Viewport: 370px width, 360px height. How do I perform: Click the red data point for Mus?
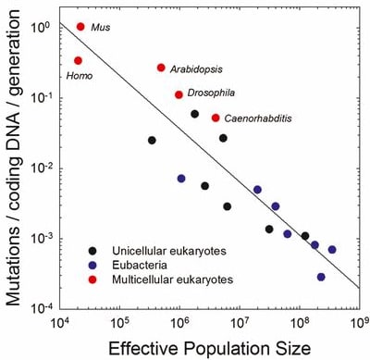[80, 27]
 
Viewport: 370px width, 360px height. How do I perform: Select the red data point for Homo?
[78, 61]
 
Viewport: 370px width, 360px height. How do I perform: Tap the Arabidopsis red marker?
[161, 68]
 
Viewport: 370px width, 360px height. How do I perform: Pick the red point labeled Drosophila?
[179, 94]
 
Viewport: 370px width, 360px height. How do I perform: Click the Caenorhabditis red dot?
[216, 118]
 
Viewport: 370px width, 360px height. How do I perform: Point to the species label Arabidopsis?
[196, 69]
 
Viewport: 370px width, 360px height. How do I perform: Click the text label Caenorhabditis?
[258, 118]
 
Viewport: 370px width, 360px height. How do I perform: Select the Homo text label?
[80, 76]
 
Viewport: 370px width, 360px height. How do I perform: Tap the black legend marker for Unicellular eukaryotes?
[92, 251]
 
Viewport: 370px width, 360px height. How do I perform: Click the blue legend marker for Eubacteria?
[92, 265]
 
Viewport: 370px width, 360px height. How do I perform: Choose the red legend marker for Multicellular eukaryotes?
[92, 279]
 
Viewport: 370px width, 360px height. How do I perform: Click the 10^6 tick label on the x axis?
[179, 323]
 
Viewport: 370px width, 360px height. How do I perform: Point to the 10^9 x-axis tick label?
[360, 323]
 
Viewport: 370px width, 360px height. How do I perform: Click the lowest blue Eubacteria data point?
[321, 277]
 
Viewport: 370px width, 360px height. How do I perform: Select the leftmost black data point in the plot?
[152, 141]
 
